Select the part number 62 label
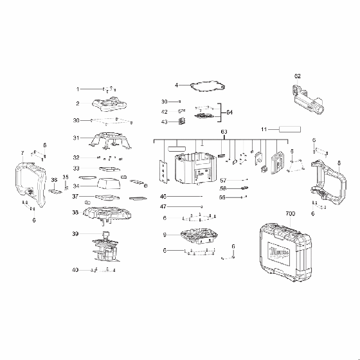point(298,76)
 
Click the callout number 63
point(224,132)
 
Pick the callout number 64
point(230,113)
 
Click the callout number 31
point(76,138)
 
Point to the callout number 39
point(76,233)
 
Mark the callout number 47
point(163,206)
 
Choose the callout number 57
point(223,180)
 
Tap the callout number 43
point(164,122)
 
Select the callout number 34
point(76,186)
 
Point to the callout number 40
point(76,269)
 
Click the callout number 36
point(55,180)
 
